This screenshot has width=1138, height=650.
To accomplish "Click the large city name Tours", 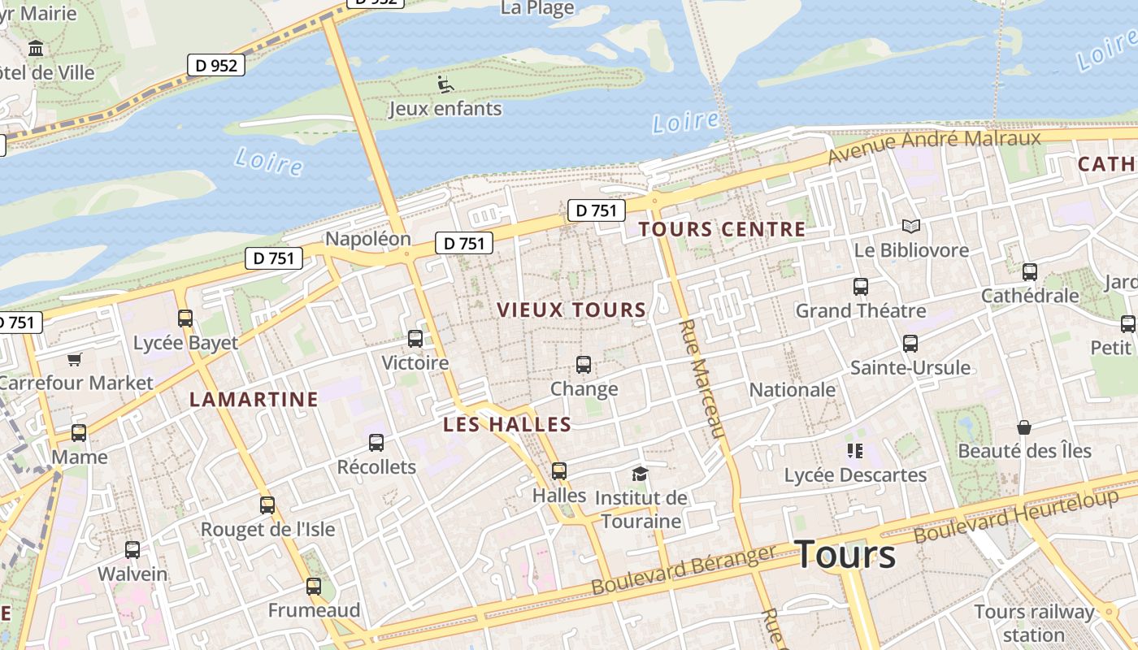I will [x=845, y=555].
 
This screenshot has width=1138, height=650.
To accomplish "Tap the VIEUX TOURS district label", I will [x=571, y=310].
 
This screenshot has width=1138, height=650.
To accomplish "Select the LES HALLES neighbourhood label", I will [x=507, y=424].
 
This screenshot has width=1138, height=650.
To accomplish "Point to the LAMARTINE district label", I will [x=254, y=399].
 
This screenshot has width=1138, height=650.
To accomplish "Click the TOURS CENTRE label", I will [x=722, y=229].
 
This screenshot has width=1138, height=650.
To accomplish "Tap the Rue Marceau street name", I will [x=701, y=379].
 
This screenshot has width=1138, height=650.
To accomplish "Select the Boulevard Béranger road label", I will [x=684, y=570].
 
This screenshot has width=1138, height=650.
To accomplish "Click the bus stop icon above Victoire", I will [x=415, y=339].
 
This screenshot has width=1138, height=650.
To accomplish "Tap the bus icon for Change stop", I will [x=584, y=365].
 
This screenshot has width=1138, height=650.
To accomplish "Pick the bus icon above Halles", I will [x=559, y=470].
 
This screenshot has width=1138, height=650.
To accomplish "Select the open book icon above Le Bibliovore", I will [x=911, y=226].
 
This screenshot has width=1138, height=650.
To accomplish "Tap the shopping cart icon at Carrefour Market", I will [x=75, y=358].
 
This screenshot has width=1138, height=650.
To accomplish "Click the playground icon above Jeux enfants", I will [x=445, y=84].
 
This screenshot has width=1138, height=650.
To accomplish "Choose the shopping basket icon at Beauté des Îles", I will [x=1024, y=427].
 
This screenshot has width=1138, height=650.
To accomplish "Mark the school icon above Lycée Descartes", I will [x=854, y=450].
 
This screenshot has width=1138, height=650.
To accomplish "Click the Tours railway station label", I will [x=1034, y=622].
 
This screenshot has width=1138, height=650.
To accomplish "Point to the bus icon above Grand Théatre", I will [x=861, y=286].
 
